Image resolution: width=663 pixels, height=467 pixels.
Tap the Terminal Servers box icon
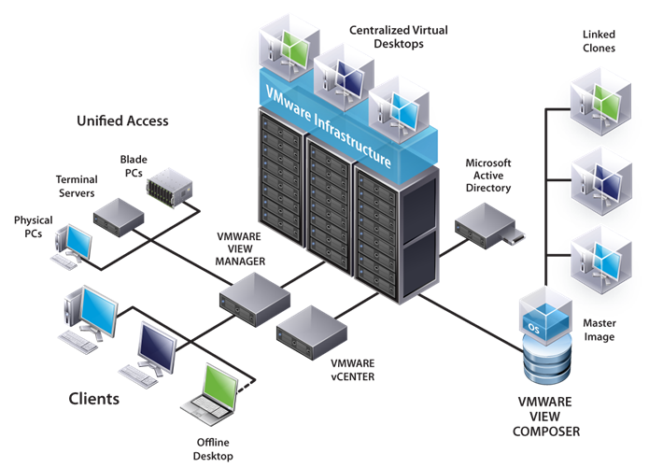117,214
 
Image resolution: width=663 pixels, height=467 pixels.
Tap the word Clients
94,399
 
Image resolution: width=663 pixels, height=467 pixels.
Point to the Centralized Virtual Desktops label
399,37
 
